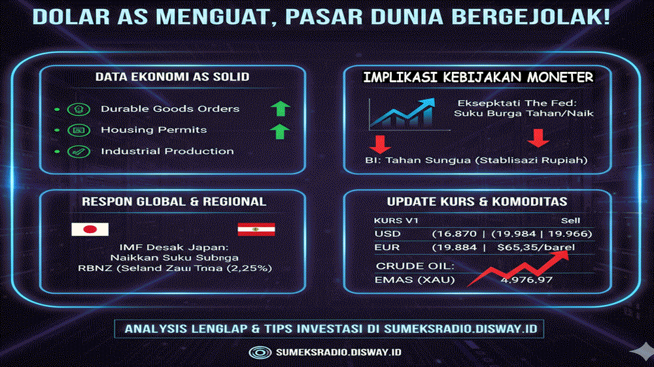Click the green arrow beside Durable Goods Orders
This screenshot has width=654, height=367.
click(279, 108)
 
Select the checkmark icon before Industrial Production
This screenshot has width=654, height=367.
click(77, 152)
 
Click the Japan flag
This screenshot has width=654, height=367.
click(90, 229)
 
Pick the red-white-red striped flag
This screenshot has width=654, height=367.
click(256, 229)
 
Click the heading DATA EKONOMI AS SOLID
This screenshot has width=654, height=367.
click(172, 76)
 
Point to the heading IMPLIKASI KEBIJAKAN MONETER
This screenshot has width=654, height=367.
click(479, 77)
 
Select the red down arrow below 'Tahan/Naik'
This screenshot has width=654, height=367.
click(538, 138)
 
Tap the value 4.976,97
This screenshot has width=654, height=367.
click(526, 280)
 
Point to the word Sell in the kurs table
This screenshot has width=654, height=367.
click(570, 221)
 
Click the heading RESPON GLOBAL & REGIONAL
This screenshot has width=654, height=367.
click(174, 202)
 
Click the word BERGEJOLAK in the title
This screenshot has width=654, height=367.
click(537, 16)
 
